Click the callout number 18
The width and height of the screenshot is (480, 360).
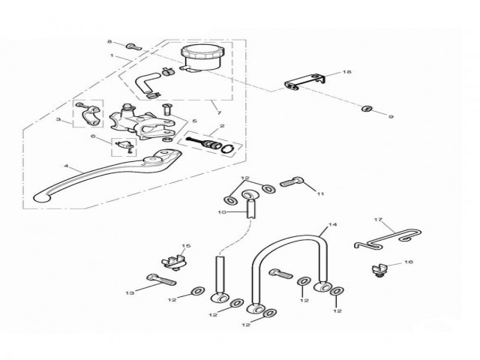(346, 72)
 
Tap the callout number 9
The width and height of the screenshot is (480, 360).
(391, 117)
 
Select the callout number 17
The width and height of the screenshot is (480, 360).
(379, 220)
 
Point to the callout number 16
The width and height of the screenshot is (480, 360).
(408, 263)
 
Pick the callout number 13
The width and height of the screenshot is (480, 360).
(130, 292)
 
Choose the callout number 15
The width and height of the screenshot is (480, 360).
(187, 246)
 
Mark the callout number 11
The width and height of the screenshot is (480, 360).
(320, 193)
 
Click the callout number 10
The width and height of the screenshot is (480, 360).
(221, 212)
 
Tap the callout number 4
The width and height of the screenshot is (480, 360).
(67, 166)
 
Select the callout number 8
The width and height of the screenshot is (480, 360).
(109, 42)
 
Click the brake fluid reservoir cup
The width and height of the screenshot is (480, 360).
(200, 57)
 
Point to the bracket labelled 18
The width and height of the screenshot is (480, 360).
(306, 82)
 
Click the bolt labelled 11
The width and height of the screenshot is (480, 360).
(292, 181)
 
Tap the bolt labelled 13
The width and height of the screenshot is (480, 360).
(162, 280)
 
